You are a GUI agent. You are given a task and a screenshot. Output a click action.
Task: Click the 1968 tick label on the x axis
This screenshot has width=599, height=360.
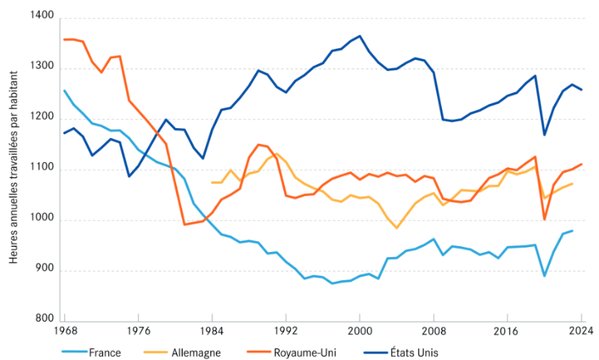tap(64, 331)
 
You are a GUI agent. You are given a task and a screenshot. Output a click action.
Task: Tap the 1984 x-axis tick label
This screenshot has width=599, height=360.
tap(212, 331)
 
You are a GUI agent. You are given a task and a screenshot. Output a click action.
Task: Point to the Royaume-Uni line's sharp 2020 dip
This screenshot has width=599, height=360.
tap(545, 219)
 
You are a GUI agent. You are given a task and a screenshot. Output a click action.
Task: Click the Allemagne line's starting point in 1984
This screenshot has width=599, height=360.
tap(212, 182)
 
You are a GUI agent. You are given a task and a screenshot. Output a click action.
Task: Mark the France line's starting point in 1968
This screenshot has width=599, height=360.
tap(64, 91)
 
